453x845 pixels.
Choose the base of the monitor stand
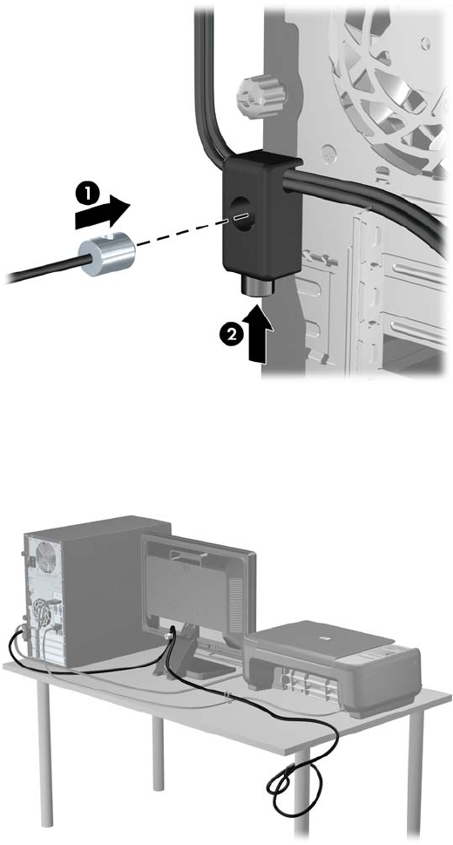coord(207,668)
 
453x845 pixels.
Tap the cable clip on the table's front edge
coord(228,698)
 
